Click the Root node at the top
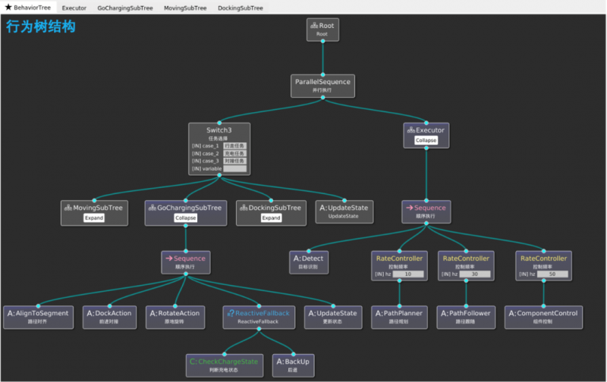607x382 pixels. click(x=322, y=30)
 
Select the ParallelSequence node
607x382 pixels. click(x=322, y=84)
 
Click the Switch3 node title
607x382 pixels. click(x=219, y=130)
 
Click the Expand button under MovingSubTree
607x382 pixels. click(x=93, y=218)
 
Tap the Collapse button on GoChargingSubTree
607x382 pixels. click(x=185, y=218)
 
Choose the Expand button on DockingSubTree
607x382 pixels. click(x=271, y=218)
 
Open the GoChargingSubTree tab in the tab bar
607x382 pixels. click(x=125, y=8)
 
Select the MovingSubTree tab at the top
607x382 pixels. click(x=185, y=8)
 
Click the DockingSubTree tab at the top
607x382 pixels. click(x=241, y=8)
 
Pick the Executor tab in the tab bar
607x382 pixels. click(x=74, y=8)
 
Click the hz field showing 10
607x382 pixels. click(x=407, y=274)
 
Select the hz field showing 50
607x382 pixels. click(x=551, y=274)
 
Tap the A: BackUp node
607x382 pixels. click(x=292, y=365)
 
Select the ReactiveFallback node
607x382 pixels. click(x=258, y=316)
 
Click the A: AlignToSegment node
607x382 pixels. click(x=38, y=316)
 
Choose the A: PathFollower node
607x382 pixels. click(x=466, y=316)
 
